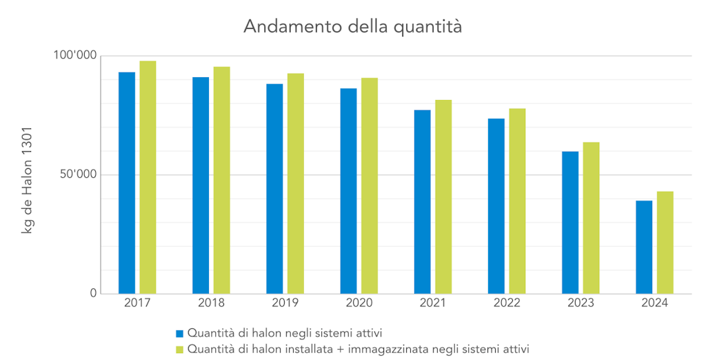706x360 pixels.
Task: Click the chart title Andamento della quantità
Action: [x=352, y=27]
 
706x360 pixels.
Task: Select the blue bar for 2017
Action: [x=127, y=183]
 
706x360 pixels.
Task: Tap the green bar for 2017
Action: [x=148, y=177]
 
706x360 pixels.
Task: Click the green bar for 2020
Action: [x=370, y=186]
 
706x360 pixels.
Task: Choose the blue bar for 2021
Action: [x=422, y=201]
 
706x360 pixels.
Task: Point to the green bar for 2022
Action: [x=517, y=201]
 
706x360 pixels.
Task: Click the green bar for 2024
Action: [x=665, y=242]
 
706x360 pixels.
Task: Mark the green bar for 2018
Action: [x=221, y=180]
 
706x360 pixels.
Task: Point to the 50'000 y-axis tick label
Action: [x=77, y=174]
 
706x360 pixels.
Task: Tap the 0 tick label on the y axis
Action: [x=93, y=294]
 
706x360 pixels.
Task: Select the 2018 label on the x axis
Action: [x=211, y=303]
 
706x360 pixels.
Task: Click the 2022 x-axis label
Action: [x=507, y=303]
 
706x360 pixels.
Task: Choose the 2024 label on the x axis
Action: [x=654, y=303]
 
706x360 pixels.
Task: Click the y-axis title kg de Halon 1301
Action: [x=28, y=179]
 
